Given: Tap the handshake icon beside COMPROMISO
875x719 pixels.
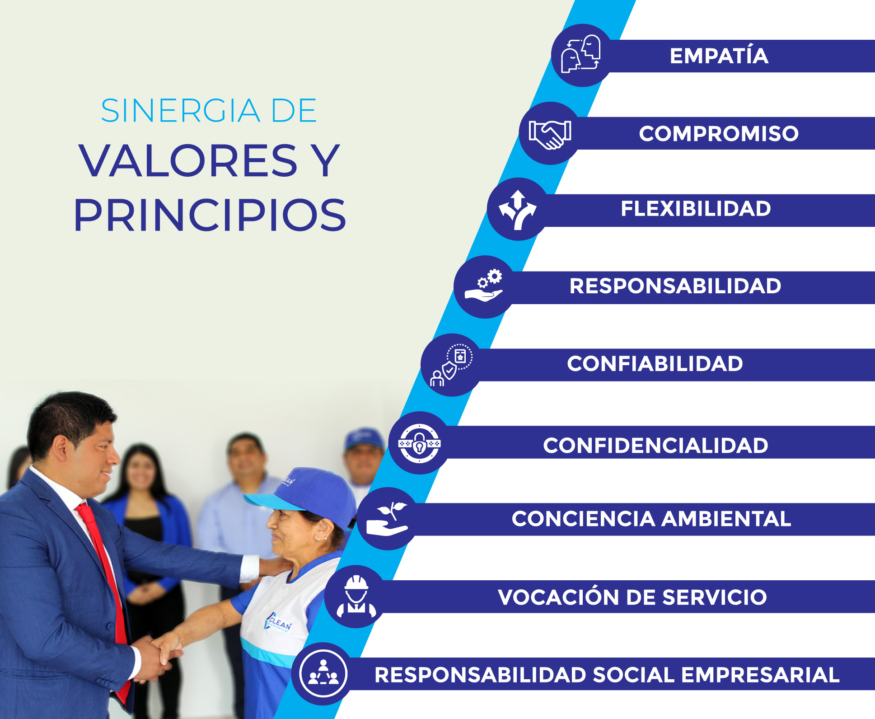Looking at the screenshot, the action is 550,134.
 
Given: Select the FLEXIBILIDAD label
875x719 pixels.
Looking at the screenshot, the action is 696,209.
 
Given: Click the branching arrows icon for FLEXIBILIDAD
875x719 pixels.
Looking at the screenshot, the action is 518,210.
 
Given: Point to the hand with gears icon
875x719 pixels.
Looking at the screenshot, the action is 484,286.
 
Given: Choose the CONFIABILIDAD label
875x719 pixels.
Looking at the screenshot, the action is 655,364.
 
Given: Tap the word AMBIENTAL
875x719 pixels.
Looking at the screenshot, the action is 726,519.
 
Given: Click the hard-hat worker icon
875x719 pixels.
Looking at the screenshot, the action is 356,597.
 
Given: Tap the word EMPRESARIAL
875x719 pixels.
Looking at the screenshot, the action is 760,675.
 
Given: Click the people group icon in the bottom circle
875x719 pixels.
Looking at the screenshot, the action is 323,674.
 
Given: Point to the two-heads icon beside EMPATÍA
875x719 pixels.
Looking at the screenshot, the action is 581,54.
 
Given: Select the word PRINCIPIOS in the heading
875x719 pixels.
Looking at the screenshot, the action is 210,215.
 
